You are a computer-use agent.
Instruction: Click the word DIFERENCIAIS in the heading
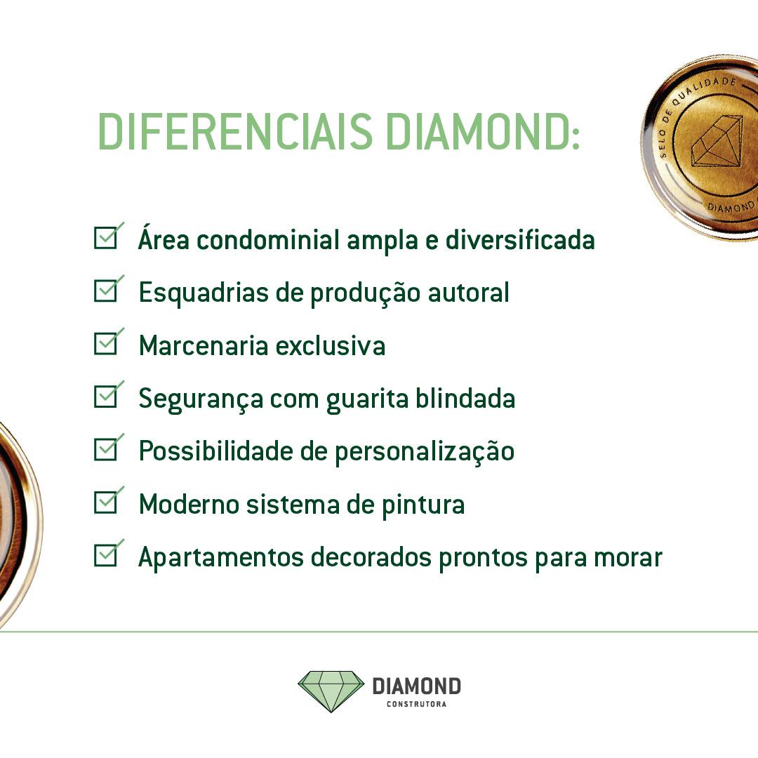[235, 131]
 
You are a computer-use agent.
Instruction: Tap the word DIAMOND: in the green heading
[483, 131]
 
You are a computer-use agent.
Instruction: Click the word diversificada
[519, 239]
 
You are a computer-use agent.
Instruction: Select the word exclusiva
[330, 345]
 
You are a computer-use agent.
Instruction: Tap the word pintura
[423, 505]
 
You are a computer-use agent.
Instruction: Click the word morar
[628, 558]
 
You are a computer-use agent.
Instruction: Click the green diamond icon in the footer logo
[331, 691]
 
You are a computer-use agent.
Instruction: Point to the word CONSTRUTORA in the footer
[416, 704]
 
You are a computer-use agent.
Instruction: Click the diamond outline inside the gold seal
[717, 141]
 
